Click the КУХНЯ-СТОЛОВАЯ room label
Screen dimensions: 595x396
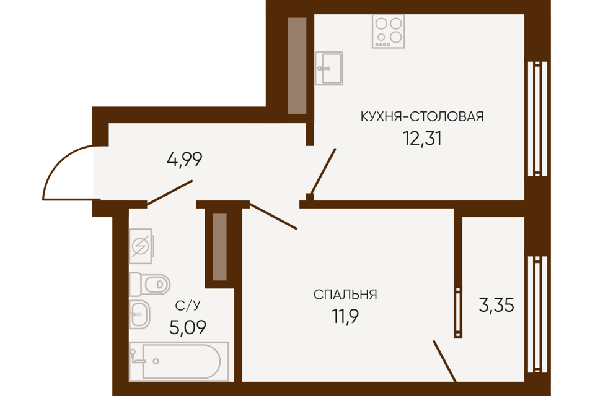pyautogui.click(x=422, y=116)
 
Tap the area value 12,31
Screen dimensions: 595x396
pyautogui.click(x=422, y=139)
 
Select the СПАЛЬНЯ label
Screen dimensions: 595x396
pyautogui.click(x=345, y=295)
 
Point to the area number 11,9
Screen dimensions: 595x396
pyautogui.click(x=345, y=316)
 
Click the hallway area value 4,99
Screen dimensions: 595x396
pyautogui.click(x=185, y=159)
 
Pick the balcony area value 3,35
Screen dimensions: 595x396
pyautogui.click(x=496, y=305)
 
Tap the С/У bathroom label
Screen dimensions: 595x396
pyautogui.click(x=188, y=306)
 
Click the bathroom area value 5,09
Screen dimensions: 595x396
pyautogui.click(x=188, y=327)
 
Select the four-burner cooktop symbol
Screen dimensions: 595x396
pyautogui.click(x=389, y=31)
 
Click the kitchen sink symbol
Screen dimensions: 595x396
pyautogui.click(x=329, y=68)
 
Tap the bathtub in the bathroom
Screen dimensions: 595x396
pyautogui.click(x=179, y=361)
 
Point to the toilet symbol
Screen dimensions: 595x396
pyautogui.click(x=149, y=284)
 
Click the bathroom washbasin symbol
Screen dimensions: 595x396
pyautogui.click(x=139, y=314)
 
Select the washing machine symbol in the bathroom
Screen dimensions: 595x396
pyautogui.click(x=141, y=246)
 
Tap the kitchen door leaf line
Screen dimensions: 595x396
pyautogui.click(x=323, y=171)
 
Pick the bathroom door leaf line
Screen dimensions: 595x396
pyautogui.click(x=170, y=193)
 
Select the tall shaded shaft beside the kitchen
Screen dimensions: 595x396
pyautogui.click(x=297, y=65)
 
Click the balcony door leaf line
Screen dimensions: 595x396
pyautogui.click(x=445, y=361)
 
